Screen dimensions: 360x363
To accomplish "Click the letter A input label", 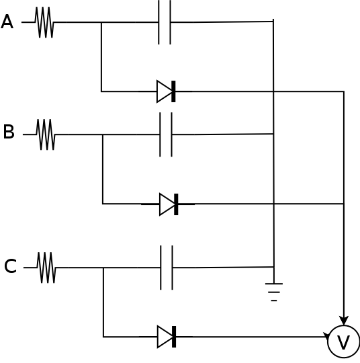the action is coord(7,22).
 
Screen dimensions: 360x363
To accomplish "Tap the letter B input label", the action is coord(9,132).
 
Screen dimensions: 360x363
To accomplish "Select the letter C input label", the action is coord(11,266).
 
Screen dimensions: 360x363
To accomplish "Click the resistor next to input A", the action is coord(44,22).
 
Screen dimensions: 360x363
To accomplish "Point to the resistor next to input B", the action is coord(46,134).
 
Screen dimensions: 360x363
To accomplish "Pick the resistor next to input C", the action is coord(46,268).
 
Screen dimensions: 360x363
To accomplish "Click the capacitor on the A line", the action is coord(165,22).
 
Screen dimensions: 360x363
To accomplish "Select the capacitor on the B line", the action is coord(166,134).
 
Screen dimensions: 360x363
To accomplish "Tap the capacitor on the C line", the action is coord(167,268).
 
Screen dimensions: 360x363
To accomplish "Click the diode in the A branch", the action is coord(166,91).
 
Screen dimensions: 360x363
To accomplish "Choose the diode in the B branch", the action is coord(169,204).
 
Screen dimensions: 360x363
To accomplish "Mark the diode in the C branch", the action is coord(167,337).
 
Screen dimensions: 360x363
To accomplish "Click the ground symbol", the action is coord(274,292).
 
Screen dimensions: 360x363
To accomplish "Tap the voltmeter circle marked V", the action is coord(344,341).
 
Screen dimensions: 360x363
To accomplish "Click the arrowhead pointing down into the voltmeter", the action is coord(344,321).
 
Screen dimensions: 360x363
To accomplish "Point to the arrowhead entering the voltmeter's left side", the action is coord(326,336).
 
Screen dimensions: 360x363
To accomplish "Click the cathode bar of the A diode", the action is coord(173,91).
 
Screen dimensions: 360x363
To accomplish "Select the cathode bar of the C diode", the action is coord(174,337).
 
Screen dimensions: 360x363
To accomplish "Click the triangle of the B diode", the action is coord(167,204).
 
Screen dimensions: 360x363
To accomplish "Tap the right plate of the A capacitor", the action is coord(171,22).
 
